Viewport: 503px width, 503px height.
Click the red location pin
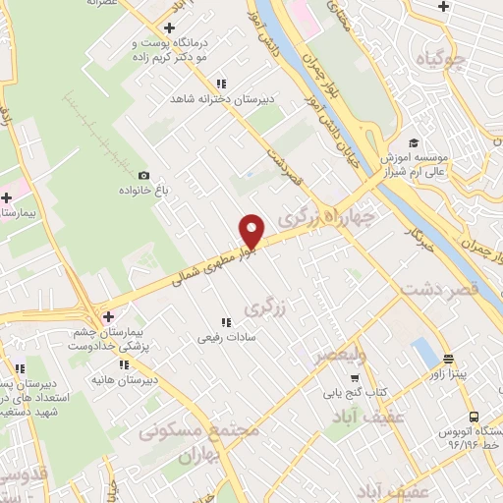tap(252, 231)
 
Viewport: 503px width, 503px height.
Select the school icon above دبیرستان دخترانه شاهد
tap(222, 84)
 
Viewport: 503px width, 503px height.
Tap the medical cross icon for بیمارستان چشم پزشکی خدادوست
tap(109, 316)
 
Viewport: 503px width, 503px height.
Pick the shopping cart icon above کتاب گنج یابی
tap(355, 377)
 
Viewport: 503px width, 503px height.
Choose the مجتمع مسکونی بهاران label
tap(201, 442)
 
